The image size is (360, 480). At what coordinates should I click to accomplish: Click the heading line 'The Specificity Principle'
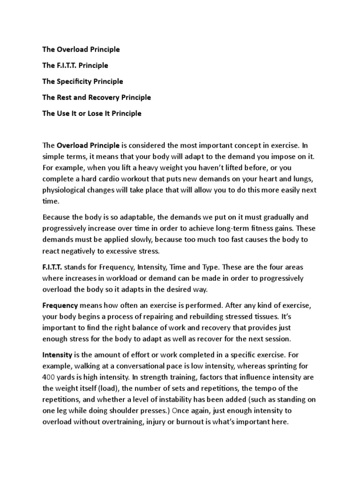[x=82, y=81]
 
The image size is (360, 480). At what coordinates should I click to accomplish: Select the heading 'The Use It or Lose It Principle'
[x=91, y=113]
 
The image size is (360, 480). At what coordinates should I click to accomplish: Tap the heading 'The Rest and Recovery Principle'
[x=97, y=97]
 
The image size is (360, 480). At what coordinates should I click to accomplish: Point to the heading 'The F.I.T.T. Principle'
[x=75, y=65]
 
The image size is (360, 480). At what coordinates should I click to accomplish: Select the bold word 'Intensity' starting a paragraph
[x=57, y=355]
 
